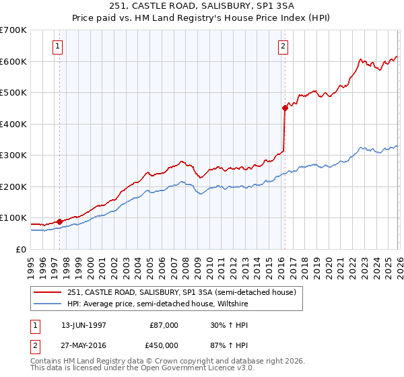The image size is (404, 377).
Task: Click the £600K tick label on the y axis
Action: pos(13,61)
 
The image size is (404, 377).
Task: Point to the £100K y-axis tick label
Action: pos(13,218)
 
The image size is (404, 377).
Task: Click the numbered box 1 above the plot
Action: pos(59,46)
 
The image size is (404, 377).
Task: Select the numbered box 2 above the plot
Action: pos(283,46)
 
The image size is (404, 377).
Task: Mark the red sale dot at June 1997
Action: pos(60,221)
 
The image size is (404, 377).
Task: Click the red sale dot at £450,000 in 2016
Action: pos(285,108)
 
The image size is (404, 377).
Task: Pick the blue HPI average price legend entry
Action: pos(157,304)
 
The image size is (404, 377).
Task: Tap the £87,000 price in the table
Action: pos(164,325)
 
